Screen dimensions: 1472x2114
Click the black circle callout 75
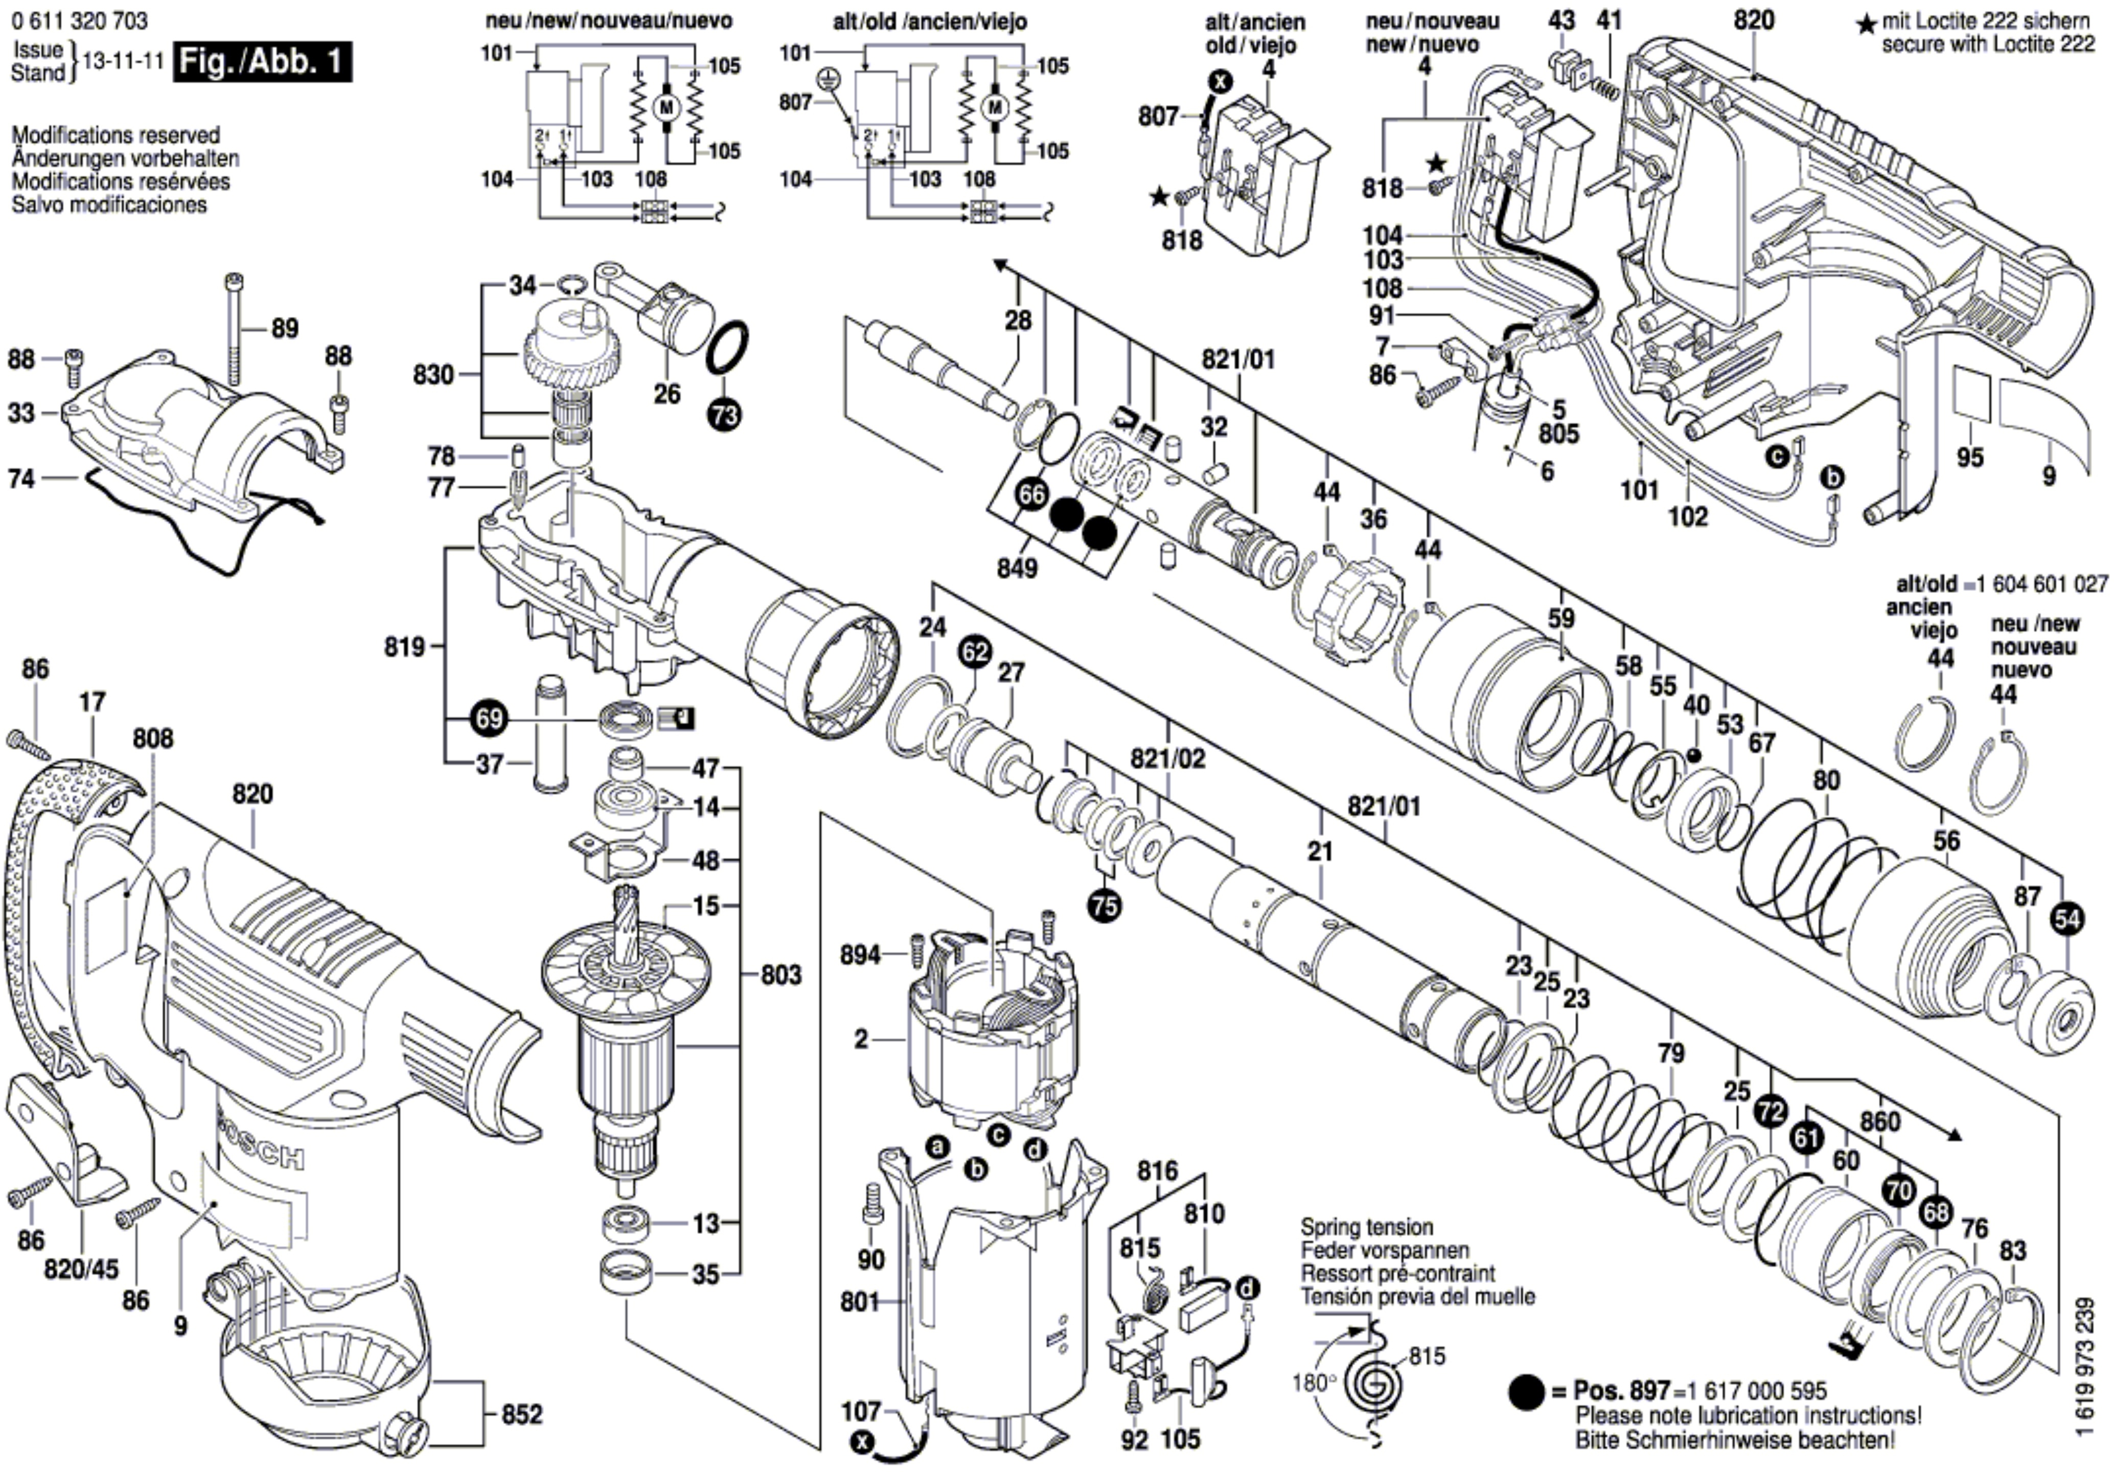[1104, 906]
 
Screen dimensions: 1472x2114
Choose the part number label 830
[433, 375]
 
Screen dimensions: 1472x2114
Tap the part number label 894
[860, 956]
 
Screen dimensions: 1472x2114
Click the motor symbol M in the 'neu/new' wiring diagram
[665, 108]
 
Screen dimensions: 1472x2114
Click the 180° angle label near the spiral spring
[1312, 1383]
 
